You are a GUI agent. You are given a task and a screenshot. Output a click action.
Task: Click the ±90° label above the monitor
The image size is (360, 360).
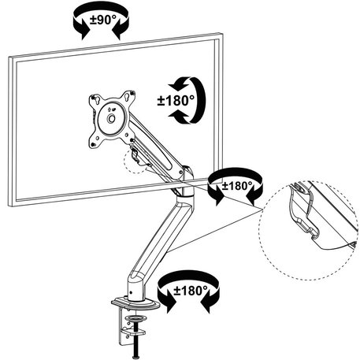102,20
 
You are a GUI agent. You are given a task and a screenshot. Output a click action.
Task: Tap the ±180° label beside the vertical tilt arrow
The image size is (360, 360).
176,101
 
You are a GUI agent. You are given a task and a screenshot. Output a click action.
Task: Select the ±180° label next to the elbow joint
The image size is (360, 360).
237,186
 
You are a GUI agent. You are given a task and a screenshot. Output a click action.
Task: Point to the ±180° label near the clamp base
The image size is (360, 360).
191,291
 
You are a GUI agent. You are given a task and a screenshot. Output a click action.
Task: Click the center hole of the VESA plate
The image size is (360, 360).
111,119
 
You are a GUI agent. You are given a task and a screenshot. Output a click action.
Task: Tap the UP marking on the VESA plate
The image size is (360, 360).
112,109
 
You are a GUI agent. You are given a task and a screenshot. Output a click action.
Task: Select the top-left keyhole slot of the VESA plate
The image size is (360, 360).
95,99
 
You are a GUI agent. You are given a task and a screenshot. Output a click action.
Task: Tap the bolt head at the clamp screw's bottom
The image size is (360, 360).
136,357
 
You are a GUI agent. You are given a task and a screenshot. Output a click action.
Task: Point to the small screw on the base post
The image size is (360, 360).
132,292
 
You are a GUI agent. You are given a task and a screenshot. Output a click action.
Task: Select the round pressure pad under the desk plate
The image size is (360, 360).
135,319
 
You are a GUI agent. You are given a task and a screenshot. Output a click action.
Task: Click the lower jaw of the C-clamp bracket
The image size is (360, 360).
134,332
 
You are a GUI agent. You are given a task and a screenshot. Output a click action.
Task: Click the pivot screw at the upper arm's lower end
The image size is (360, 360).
181,172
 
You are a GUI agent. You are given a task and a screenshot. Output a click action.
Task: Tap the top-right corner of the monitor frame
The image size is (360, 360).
223,33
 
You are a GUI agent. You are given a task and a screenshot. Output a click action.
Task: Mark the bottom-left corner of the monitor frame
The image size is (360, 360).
9,206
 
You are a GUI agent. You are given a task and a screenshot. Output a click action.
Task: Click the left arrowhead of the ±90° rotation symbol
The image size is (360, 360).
84,34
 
